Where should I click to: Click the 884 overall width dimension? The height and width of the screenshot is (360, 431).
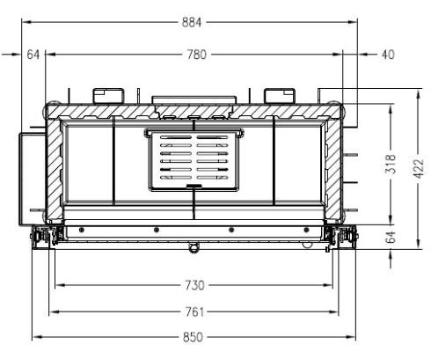[192, 23]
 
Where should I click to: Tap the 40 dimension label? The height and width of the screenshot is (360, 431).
[388, 55]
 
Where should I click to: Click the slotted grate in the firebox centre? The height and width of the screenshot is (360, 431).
[193, 160]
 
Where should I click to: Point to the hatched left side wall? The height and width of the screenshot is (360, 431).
[53, 167]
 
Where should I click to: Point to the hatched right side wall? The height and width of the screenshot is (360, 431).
[334, 167]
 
